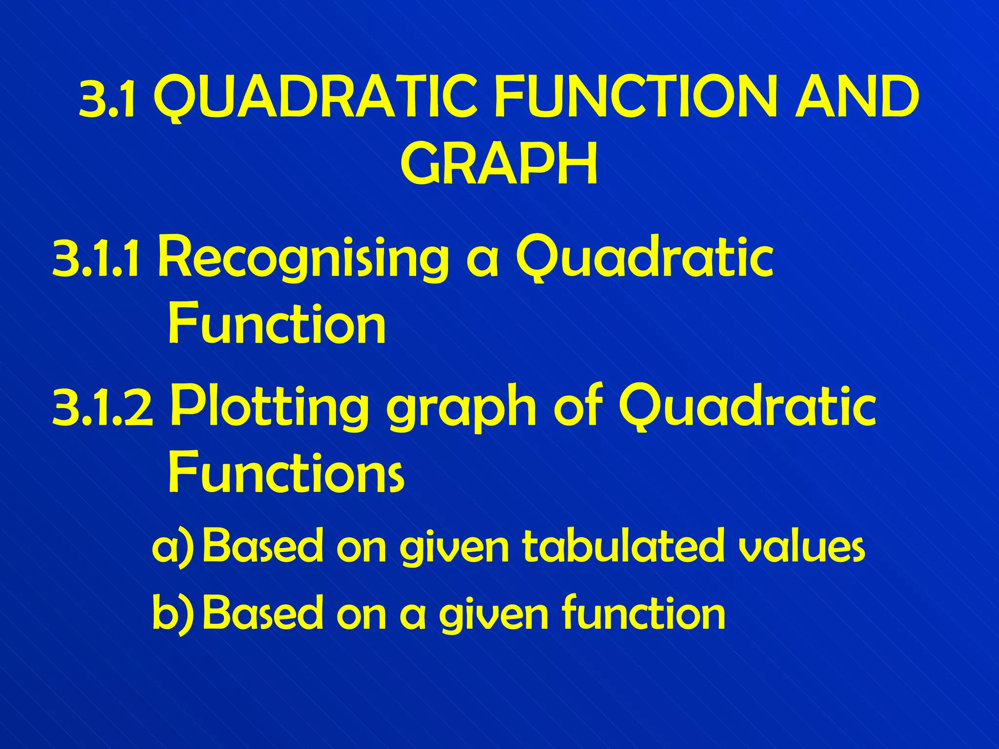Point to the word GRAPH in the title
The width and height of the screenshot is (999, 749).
pos(499,164)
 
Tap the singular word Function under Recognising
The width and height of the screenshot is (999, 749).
pos(277,324)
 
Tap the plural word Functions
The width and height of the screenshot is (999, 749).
pos(286,473)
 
